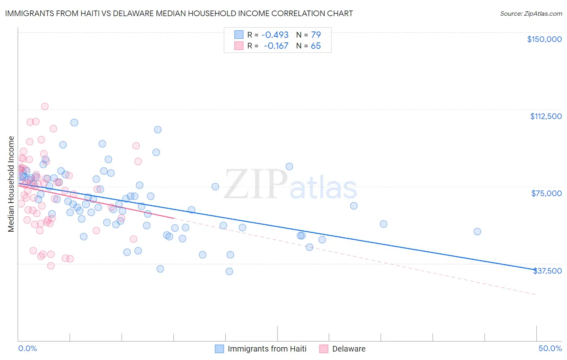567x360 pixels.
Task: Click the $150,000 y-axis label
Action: click(x=544, y=39)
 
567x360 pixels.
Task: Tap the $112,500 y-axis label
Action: click(x=546, y=116)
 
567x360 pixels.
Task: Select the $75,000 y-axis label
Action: click(x=546, y=193)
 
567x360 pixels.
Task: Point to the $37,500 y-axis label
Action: click(x=547, y=271)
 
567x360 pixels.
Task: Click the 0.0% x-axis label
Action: click(x=27, y=348)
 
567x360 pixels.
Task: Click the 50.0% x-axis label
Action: click(x=550, y=348)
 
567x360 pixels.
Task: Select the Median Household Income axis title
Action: click(x=11, y=184)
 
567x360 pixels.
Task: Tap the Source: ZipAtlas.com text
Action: click(x=531, y=13)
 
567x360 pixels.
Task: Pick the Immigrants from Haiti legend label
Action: click(x=267, y=349)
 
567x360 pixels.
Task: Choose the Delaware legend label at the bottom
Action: click(x=349, y=349)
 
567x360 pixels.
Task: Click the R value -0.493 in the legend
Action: click(x=275, y=35)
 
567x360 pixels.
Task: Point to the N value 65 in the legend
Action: click(x=316, y=46)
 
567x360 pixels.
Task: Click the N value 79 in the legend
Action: click(x=316, y=35)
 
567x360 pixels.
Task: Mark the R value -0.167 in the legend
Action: click(x=276, y=46)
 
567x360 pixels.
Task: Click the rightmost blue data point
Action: click(x=477, y=232)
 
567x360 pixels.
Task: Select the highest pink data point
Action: click(x=45, y=107)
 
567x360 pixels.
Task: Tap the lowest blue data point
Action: click(x=229, y=271)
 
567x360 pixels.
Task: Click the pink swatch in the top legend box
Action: click(x=239, y=46)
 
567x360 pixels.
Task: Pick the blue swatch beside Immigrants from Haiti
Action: click(x=219, y=349)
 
